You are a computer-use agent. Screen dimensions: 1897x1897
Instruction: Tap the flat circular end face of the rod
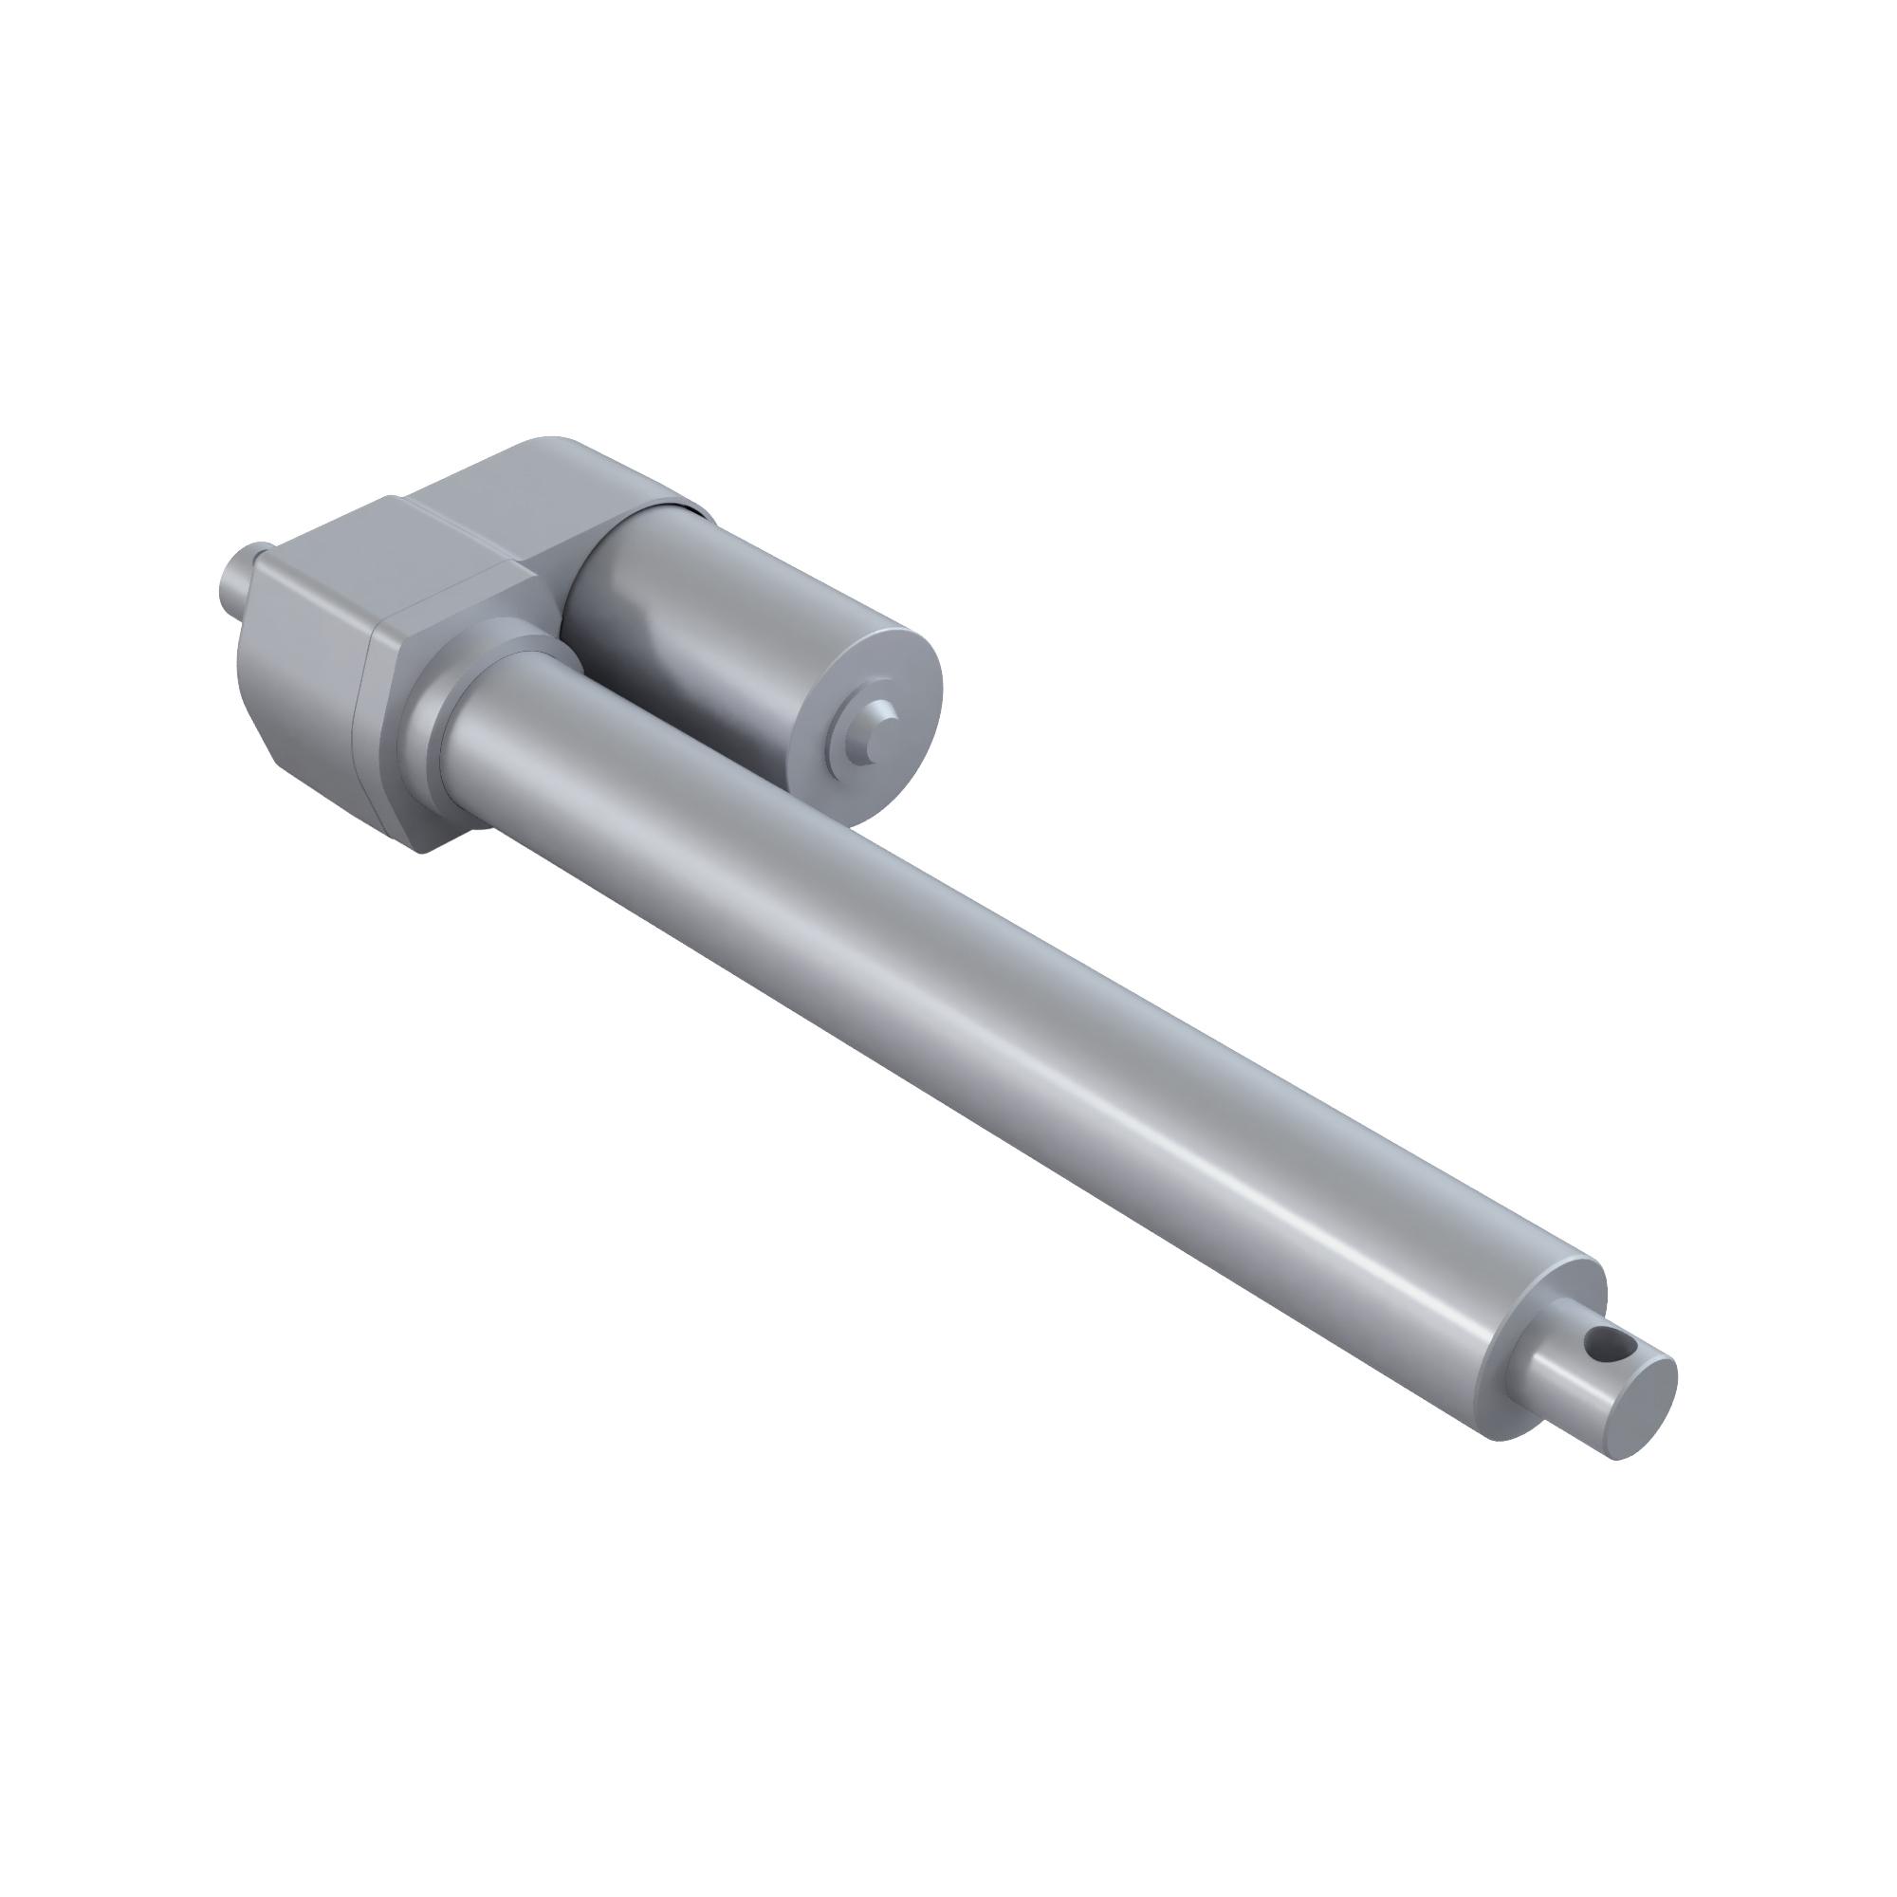pyautogui.click(x=1638, y=1407)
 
